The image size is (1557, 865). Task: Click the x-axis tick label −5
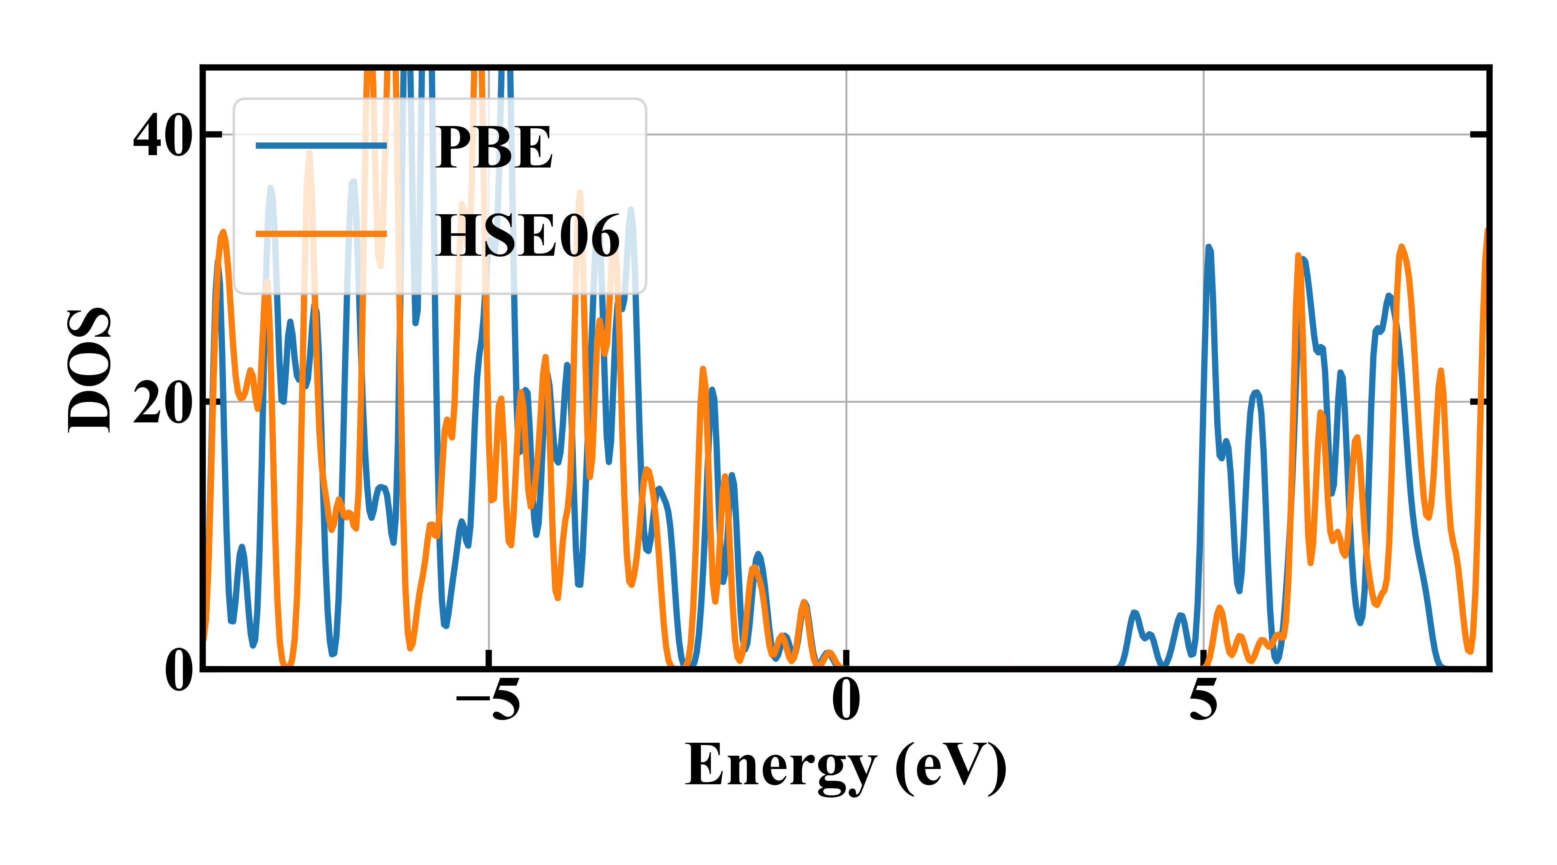(488, 699)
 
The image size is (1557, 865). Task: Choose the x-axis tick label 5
(1203, 699)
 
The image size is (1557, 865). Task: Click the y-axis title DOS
(89, 370)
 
